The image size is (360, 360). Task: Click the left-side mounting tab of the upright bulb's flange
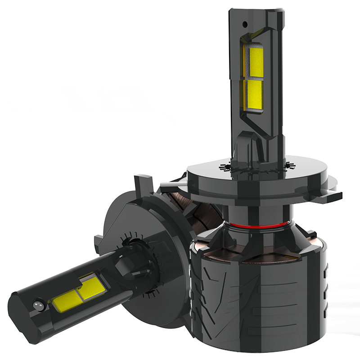pyautogui.click(x=169, y=184)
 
